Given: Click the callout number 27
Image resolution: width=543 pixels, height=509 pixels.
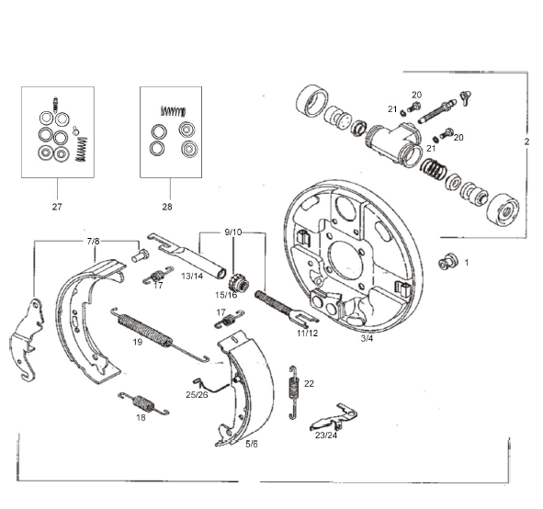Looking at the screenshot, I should click(57, 208).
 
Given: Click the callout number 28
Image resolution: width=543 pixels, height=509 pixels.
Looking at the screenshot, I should click(167, 208).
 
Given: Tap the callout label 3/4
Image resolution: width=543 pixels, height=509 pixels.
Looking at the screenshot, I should click(367, 339).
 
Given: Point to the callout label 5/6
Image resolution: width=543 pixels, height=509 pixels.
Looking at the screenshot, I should click(252, 444).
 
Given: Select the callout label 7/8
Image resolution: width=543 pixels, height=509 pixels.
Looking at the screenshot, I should click(94, 241).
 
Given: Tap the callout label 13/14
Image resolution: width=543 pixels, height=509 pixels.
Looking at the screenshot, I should click(193, 275).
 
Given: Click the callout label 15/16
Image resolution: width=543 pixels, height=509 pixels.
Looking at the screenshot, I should click(226, 295).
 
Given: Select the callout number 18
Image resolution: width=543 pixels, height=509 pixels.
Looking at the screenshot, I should click(141, 417).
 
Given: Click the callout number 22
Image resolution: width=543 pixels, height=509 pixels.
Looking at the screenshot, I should click(309, 383).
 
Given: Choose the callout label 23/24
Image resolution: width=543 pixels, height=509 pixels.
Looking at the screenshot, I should click(326, 436).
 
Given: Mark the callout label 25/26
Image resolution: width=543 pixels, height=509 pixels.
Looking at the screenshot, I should click(195, 394).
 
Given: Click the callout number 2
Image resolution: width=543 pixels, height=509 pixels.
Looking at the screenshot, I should click(527, 142).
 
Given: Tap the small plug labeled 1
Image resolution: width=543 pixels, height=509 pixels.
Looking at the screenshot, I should click(448, 262).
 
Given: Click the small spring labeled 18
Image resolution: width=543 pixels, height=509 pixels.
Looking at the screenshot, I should click(140, 401).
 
